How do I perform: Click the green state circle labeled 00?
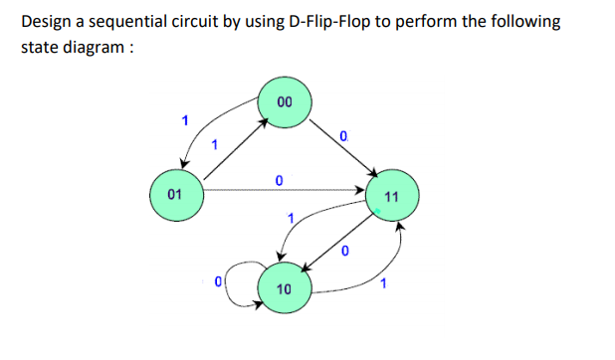[x=285, y=102]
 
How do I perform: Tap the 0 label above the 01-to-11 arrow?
[x=279, y=179]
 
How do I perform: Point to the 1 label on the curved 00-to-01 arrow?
[x=182, y=121]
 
